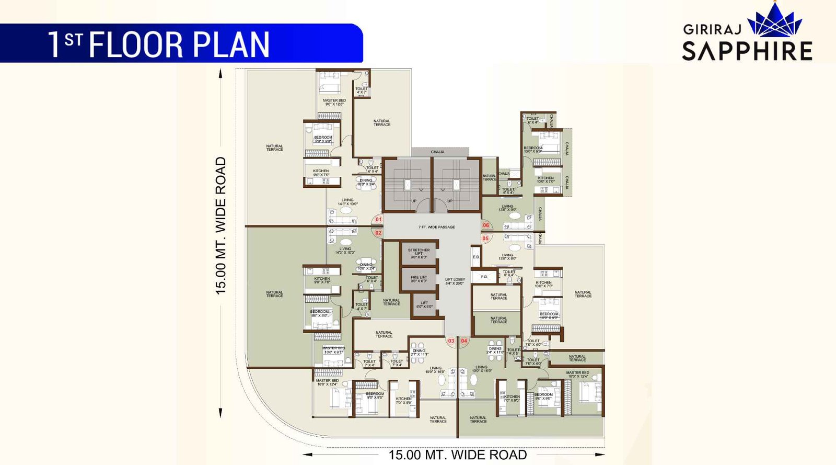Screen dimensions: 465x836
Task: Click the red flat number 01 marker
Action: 378,219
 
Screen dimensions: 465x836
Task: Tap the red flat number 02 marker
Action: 378,233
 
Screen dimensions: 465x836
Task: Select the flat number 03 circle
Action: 451,341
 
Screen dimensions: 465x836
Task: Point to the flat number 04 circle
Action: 464,341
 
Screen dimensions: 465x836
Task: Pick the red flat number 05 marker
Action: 485,239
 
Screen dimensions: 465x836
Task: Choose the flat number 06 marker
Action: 486,225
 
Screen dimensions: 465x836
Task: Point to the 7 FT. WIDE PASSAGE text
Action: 436,227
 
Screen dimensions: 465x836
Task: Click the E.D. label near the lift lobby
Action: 476,257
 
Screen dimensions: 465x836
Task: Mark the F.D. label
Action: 484,277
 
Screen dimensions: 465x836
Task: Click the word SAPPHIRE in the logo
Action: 747,51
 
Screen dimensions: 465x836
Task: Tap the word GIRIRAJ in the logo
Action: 712,29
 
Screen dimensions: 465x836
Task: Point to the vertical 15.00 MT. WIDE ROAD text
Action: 220,225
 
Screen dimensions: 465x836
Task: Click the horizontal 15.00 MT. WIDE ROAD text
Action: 457,455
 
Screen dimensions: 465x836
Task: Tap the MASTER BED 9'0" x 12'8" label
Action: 334,102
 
